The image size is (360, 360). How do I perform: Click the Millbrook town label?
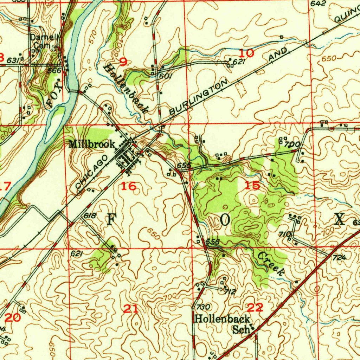91,144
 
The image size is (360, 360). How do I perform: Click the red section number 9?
123,62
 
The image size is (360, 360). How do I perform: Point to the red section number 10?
246,53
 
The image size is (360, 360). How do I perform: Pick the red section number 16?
128,186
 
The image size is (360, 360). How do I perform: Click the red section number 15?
252,186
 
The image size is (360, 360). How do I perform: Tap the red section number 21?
131,309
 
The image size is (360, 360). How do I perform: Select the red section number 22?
255,308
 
